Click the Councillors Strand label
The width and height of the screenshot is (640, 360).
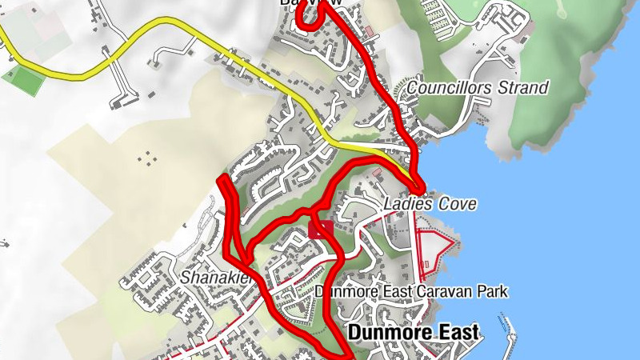click(x=478, y=87)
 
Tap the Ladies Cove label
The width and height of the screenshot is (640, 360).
click(x=430, y=205)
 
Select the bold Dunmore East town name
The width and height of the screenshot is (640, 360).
click(x=414, y=332)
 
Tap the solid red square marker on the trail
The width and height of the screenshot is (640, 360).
click(x=321, y=230)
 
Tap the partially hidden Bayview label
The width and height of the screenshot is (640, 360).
click(x=311, y=3)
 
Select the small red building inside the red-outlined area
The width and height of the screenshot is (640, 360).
click(x=424, y=263)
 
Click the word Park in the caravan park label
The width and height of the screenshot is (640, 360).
click(x=492, y=293)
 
